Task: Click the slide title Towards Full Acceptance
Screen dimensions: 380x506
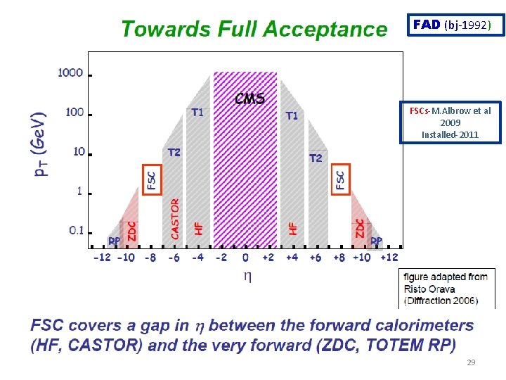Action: click(254, 30)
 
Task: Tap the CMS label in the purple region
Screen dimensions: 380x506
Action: click(249, 99)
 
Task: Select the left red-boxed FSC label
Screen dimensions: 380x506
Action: click(152, 179)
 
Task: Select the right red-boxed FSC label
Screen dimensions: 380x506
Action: click(340, 179)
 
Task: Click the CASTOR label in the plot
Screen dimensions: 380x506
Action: click(175, 218)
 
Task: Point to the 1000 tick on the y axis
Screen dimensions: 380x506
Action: click(70, 72)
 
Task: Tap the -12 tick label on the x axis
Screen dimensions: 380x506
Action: click(102, 258)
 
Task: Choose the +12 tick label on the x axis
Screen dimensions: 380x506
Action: click(389, 258)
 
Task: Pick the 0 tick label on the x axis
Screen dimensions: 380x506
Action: click(245, 258)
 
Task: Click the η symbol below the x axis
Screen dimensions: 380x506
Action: click(247, 277)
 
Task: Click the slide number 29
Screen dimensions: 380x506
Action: click(471, 362)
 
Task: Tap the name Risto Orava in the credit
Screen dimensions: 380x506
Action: click(429, 289)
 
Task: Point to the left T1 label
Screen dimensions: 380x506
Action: click(198, 112)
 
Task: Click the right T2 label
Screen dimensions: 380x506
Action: click(316, 158)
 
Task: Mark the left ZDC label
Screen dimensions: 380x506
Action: click(131, 230)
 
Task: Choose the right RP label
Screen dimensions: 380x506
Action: click(377, 241)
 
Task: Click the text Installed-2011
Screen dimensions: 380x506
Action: click(450, 134)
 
